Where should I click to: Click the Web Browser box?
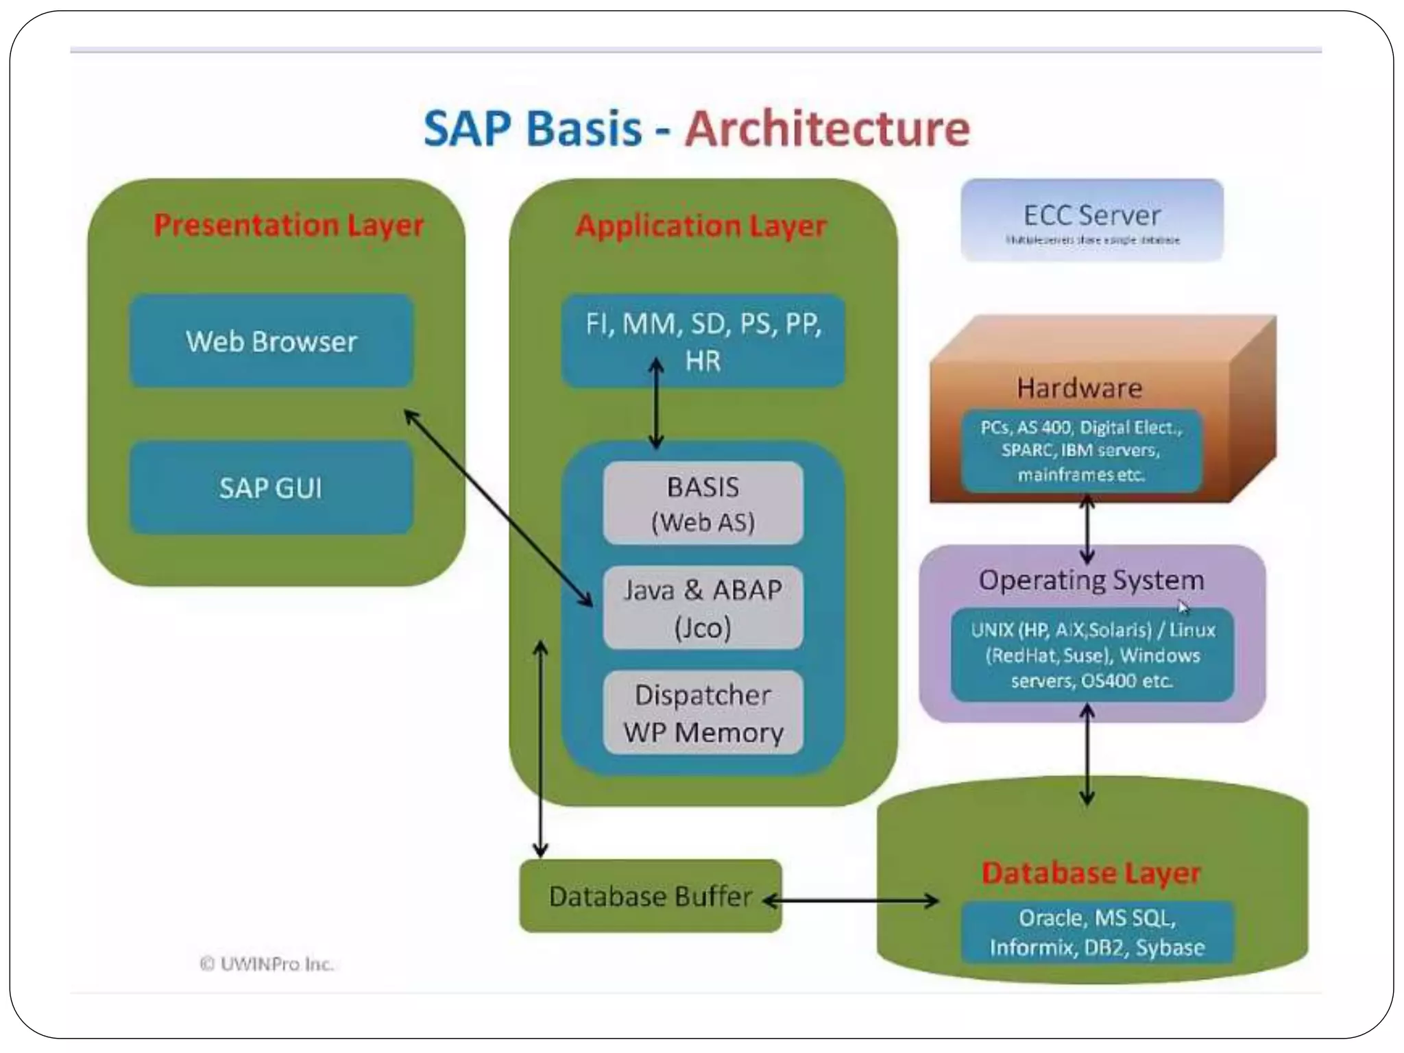[271, 341]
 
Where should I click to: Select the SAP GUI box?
[271, 487]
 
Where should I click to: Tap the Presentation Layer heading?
[289, 225]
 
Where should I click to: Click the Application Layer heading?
[701, 226]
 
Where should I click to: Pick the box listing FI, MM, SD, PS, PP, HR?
[703, 341]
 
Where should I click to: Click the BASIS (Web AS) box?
[703, 504]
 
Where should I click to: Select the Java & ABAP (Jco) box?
[703, 608]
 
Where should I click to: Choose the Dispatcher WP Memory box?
[703, 713]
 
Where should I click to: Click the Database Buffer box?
[650, 896]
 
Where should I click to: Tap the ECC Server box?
[1092, 220]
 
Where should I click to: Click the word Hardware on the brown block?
[1080, 388]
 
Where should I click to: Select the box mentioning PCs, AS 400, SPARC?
[1081, 450]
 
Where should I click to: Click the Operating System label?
[1091, 580]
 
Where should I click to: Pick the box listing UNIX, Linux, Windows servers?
[1093, 655]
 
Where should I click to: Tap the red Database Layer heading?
[1091, 873]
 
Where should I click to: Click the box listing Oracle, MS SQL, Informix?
[1097, 932]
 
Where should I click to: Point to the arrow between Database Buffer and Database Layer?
[851, 901]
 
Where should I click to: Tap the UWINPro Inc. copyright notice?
[267, 964]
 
